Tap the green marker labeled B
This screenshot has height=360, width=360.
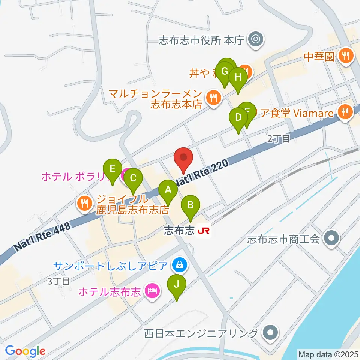pyautogui.click(x=190, y=205)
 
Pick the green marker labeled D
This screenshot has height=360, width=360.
pyautogui.click(x=238, y=118)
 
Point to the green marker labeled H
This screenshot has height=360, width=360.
pyautogui.click(x=238, y=78)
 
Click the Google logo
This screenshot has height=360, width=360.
pyautogui.click(x=25, y=351)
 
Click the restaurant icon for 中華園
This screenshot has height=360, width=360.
pyautogui.click(x=345, y=56)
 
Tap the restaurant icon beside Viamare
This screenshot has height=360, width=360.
pyautogui.click(x=345, y=111)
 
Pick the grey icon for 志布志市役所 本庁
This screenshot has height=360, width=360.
pyautogui.click(x=257, y=39)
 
